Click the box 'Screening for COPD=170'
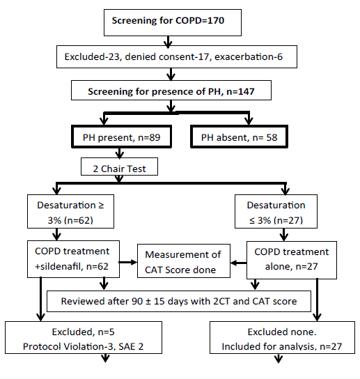pos(173,23)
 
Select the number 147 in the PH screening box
pos(246,91)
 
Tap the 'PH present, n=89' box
pos(122,137)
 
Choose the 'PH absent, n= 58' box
pos(240,137)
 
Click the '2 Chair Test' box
pos(119,167)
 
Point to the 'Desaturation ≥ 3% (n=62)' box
pos(70,211)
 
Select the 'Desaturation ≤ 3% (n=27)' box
pos(276,211)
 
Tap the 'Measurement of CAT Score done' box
pos(184,261)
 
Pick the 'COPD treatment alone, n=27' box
pos(292,260)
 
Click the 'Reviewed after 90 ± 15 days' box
pos(179,301)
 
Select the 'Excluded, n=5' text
pos(83,332)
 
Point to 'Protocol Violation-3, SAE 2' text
pos(83,347)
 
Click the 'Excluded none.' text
pos(282,332)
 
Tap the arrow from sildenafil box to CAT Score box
pos(128,262)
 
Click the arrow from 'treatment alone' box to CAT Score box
pos(238,263)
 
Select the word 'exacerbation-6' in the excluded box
pos(249,57)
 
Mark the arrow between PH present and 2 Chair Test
pos(119,153)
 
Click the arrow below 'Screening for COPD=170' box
pos(168,41)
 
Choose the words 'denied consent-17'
pos(167,57)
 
